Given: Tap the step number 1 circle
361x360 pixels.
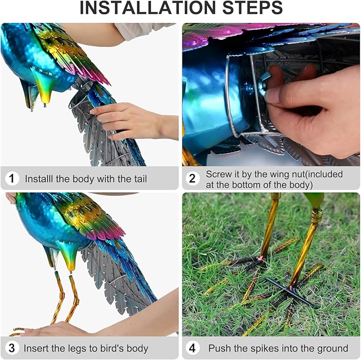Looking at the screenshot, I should (12, 179).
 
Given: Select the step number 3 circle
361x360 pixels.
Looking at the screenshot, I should (12, 348).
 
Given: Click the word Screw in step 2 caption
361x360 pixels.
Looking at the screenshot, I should (219, 174).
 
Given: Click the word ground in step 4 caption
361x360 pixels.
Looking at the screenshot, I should (332, 349).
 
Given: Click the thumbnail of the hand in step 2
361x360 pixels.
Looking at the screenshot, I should (273, 95).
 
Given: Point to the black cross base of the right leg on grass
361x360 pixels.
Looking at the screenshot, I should (291, 291).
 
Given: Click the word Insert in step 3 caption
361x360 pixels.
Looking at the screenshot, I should (37, 349).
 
